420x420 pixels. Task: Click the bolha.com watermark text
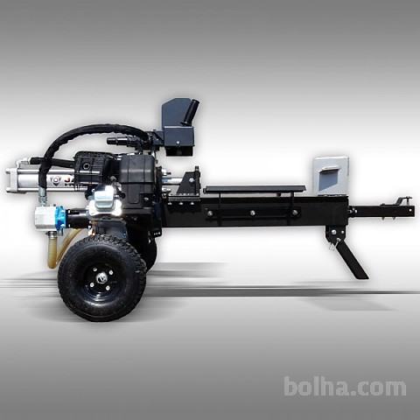[345, 387]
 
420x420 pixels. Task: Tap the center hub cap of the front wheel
[101, 278]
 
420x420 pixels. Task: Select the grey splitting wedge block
[332, 176]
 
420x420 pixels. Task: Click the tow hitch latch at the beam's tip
[403, 200]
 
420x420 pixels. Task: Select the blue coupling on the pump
[60, 216]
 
